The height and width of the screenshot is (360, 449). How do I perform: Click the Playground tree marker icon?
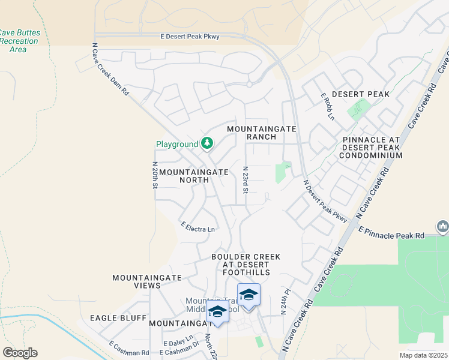click(207, 143)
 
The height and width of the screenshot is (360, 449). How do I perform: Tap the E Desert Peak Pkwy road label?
click(190, 37)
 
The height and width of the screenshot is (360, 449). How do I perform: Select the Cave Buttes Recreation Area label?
click(18, 41)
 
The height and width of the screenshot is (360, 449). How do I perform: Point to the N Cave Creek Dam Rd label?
click(110, 68)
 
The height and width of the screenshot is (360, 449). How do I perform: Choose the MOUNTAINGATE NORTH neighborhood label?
click(194, 176)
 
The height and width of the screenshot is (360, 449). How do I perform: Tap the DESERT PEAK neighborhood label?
click(360, 94)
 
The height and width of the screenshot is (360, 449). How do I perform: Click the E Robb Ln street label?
click(327, 106)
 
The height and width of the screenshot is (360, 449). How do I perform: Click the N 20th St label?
click(154, 175)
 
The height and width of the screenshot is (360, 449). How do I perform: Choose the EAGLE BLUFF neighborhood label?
click(118, 317)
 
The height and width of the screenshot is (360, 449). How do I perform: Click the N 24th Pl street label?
click(283, 305)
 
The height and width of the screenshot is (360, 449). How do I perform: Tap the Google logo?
click(20, 353)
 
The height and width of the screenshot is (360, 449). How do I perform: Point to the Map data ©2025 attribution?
click(423, 355)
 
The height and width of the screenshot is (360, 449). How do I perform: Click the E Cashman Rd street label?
click(128, 349)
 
